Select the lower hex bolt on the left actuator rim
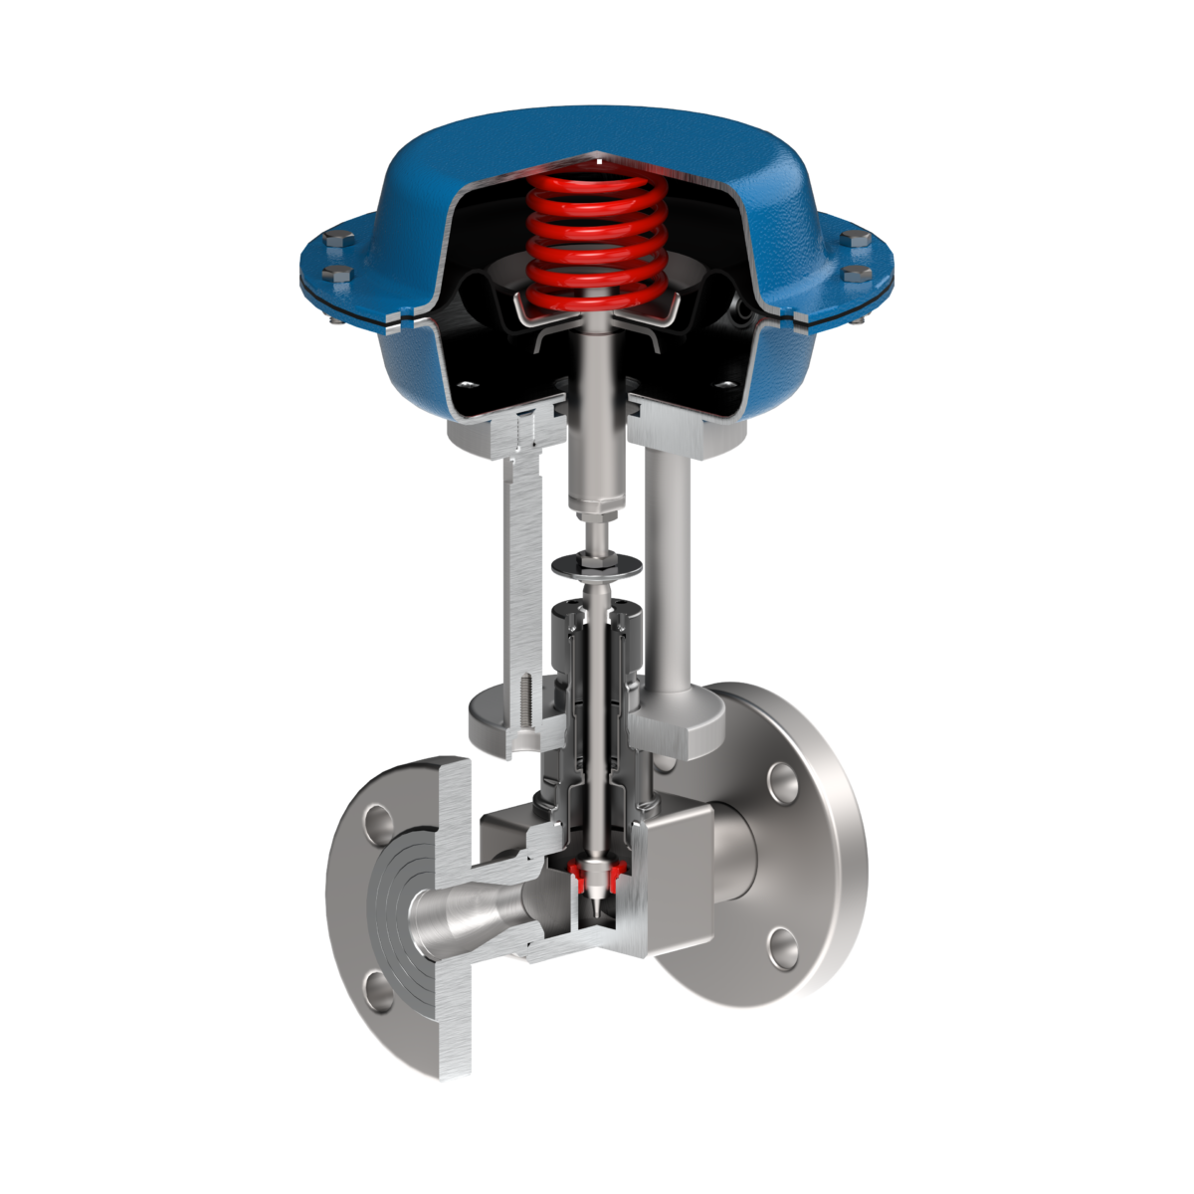pos(331,276)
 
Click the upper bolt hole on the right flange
pos(782,781)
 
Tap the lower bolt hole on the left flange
pos(379,988)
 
